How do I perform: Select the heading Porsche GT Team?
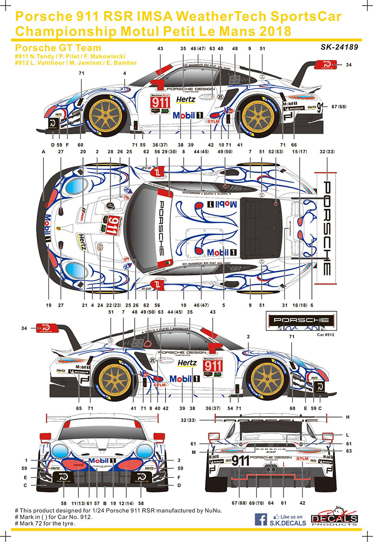click(x=58, y=48)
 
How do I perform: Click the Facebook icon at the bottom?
click(x=263, y=519)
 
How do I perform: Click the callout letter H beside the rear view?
click(x=348, y=417)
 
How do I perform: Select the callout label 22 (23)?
click(x=111, y=305)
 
